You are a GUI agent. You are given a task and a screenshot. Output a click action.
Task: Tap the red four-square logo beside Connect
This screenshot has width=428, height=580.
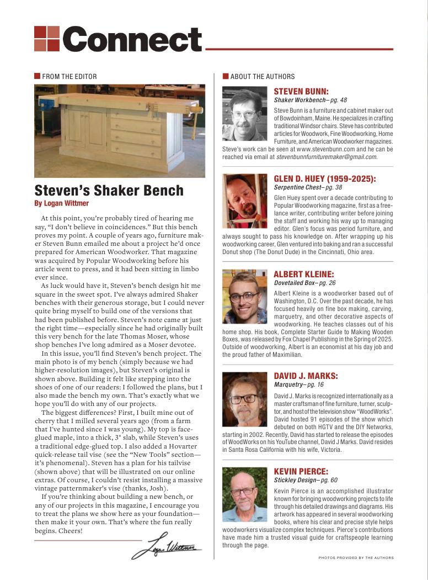46,39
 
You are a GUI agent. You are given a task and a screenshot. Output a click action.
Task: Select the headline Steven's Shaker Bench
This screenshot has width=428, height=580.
109,191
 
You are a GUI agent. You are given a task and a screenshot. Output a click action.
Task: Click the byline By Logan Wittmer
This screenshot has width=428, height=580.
64,203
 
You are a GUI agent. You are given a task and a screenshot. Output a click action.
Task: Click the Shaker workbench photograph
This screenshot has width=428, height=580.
120,131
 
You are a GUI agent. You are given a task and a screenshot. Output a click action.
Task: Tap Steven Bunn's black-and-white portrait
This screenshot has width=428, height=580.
245,113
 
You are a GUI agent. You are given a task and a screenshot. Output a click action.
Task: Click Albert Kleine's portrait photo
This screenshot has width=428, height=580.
245,297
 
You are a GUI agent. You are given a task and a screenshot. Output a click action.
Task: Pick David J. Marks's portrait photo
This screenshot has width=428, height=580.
245,399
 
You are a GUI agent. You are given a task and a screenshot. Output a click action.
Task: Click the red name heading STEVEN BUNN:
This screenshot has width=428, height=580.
301,91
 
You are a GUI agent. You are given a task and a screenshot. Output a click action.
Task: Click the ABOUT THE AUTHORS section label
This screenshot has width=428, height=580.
262,76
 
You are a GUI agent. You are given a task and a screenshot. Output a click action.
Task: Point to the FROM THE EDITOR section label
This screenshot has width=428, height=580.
69,76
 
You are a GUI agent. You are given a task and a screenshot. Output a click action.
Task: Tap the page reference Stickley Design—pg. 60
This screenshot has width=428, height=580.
306,480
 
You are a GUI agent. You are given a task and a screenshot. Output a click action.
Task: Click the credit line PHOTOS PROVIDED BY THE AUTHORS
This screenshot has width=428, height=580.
356,558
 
